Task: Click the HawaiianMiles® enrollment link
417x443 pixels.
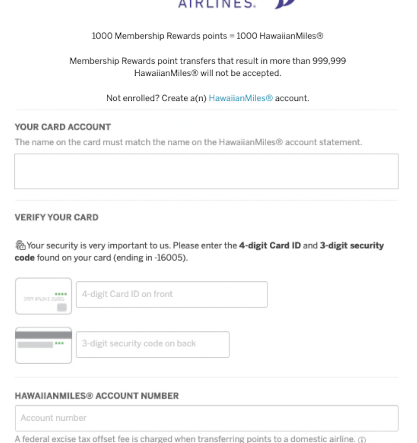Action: point(240,98)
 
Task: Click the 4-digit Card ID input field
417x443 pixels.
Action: point(172,295)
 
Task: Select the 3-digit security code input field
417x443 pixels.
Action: point(153,344)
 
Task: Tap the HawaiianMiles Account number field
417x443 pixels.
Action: point(206,418)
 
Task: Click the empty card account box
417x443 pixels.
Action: point(206,172)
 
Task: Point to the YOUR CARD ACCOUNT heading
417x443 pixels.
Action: point(63,127)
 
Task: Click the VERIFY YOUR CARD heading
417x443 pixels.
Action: point(57,217)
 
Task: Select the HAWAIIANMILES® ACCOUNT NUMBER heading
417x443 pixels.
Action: point(97,396)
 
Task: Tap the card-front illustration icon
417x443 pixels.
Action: point(44,296)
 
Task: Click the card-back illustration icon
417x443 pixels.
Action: point(44,345)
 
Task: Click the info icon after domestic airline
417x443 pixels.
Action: point(362,440)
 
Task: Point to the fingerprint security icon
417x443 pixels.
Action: point(20,245)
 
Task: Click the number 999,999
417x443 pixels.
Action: point(329,61)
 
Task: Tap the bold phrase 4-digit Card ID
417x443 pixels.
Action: point(270,245)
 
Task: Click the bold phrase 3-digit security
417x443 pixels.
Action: point(351,245)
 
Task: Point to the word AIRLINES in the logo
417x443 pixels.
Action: point(217,4)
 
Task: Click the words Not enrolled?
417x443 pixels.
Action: point(133,98)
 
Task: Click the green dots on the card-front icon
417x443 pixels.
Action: point(61,294)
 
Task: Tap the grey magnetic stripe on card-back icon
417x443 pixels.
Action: point(44,335)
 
